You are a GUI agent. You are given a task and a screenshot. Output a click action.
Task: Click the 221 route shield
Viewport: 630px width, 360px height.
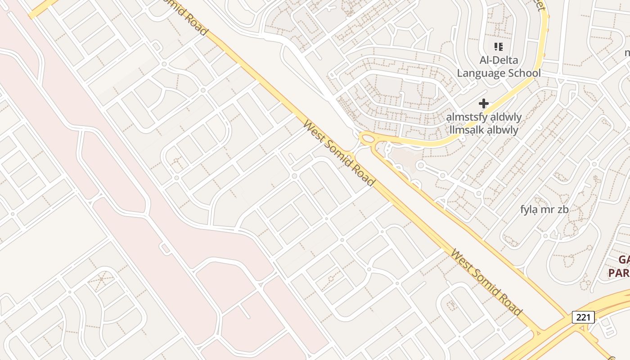point(583,317)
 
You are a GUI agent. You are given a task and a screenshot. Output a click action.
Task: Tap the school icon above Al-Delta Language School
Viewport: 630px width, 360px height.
point(498,46)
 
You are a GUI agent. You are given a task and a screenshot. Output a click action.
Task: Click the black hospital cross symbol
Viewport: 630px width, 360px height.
point(484,103)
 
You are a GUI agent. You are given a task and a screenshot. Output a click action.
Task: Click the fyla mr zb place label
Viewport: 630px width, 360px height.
point(544,209)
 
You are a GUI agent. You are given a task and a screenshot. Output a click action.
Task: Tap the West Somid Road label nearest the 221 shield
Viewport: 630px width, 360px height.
point(486,283)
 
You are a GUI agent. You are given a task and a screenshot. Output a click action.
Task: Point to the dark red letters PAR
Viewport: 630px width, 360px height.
point(619,273)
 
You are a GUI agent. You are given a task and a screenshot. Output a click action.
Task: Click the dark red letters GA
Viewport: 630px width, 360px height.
point(624,260)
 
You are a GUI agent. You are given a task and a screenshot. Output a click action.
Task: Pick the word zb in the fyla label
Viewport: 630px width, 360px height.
point(563,209)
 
